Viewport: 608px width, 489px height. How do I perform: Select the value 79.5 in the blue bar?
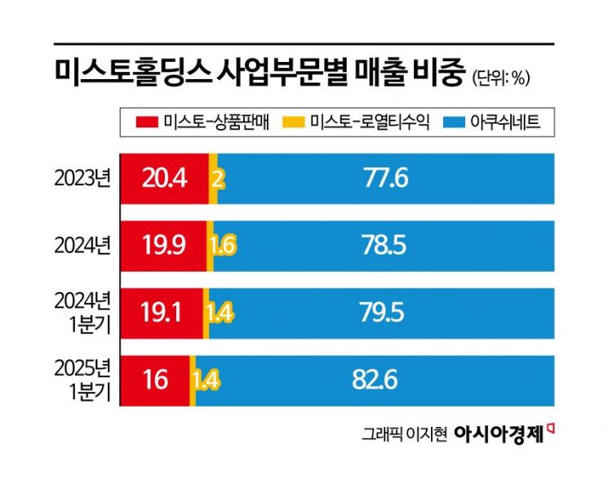[x=385, y=313]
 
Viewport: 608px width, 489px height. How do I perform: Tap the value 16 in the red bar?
[x=153, y=380]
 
